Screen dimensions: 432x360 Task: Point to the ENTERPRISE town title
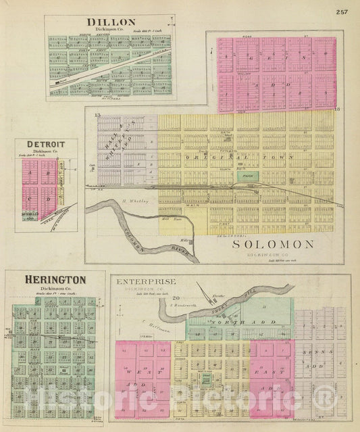click(146, 281)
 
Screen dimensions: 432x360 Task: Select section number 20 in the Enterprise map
click(174, 298)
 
